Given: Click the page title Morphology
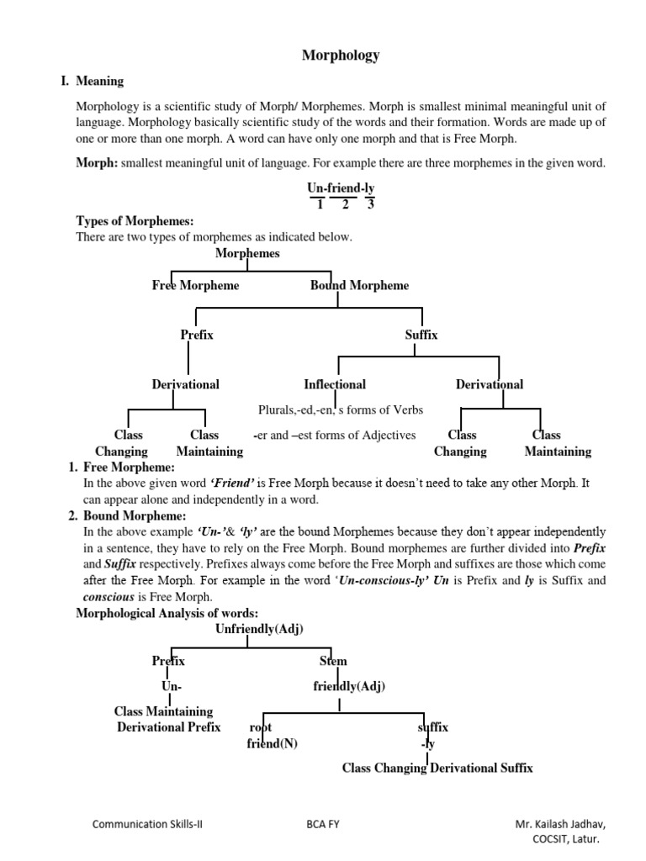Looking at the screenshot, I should coord(341,55).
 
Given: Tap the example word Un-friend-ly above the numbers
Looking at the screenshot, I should coord(341,189).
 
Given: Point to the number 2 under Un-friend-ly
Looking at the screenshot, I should coord(343,204).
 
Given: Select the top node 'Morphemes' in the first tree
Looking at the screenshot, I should coord(247,253).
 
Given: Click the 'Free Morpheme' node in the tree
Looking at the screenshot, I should coord(195,285).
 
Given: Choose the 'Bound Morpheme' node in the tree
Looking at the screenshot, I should coord(359,285).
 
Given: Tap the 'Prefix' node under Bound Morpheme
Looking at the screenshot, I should coord(197,335).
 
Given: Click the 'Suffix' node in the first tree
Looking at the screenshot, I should coord(421,335).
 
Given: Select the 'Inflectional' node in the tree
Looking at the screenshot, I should coord(335,384).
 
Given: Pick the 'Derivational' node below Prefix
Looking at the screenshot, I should coord(185,384).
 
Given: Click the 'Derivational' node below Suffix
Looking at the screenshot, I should coord(489,384).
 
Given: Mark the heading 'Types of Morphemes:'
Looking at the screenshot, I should coord(135,221).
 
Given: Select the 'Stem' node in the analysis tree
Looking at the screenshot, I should coord(333,661).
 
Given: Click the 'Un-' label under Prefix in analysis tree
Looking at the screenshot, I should coord(172,687).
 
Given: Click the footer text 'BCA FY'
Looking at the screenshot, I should coord(322,824).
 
